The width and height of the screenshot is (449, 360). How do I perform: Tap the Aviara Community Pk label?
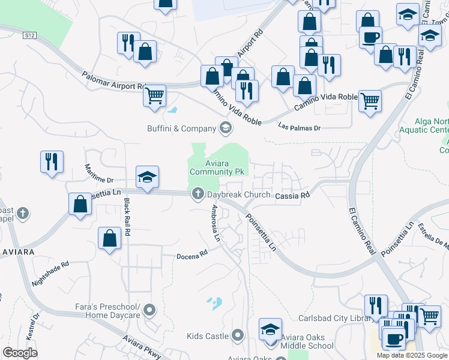(x=217, y=167)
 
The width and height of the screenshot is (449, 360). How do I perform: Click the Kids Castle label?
(x=208, y=335)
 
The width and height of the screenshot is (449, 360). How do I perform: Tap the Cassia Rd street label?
(x=292, y=196)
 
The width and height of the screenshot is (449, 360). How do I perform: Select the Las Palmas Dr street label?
(x=300, y=127)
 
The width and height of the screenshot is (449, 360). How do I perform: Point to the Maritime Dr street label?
(x=98, y=173)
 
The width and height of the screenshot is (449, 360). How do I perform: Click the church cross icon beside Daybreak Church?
(x=197, y=194)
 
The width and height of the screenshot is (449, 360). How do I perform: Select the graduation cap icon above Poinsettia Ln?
(x=147, y=176)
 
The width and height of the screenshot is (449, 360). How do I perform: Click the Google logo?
(x=20, y=353)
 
